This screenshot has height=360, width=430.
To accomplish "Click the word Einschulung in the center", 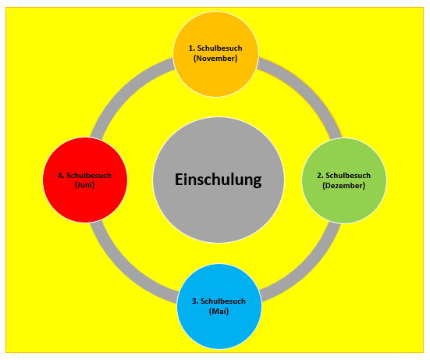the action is tap(219, 180).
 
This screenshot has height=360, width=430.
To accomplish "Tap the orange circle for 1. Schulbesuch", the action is tap(215, 54).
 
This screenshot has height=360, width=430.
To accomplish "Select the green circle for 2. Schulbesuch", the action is tap(344, 180).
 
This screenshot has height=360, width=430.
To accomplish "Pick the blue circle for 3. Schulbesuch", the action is tap(219, 306).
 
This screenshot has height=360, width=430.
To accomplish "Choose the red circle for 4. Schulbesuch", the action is tap(85, 180).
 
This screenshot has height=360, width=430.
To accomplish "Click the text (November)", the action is tap(215, 59).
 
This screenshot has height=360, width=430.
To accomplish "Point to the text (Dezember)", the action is tap(343, 186).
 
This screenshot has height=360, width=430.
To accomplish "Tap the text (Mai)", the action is tap(219, 312).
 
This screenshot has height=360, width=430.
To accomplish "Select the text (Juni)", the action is tap(84, 185).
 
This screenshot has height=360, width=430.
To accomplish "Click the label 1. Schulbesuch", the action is tap(215, 48).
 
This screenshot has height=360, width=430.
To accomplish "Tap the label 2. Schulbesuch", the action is tap(343, 176).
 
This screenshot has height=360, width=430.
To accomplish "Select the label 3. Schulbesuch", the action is tap(219, 301).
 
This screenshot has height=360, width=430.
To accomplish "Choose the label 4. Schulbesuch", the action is tap(84, 176).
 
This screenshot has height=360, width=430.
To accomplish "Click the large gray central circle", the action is tap(219, 180).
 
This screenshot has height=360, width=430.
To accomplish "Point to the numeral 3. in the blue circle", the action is tap(195, 301).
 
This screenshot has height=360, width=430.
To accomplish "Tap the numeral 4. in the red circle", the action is tap(61, 176).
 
